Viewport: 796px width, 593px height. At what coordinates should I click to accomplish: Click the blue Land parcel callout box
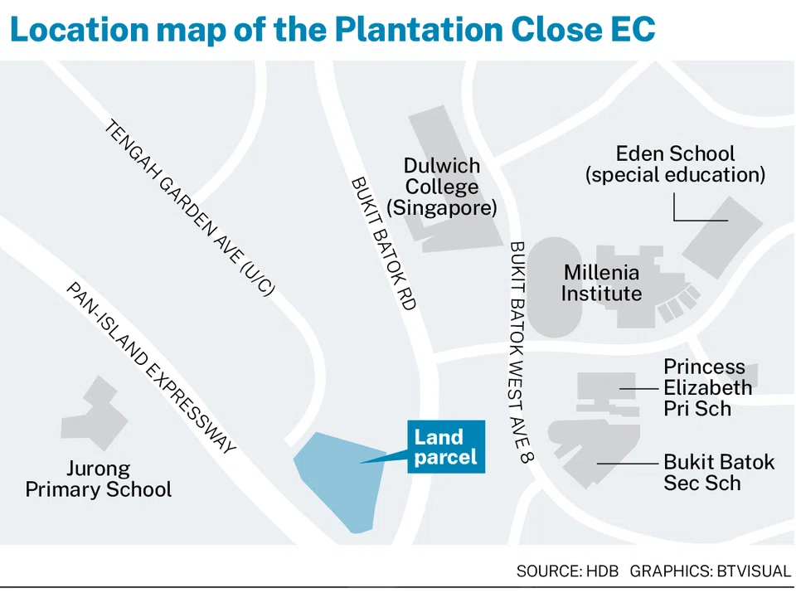tap(445, 447)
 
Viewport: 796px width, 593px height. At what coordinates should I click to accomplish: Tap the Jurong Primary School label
tap(98, 479)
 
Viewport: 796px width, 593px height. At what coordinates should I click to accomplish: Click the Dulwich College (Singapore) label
tap(441, 187)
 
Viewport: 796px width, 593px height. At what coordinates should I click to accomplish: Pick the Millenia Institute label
tap(601, 283)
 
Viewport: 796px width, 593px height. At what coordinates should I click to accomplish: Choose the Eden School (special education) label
tap(674, 163)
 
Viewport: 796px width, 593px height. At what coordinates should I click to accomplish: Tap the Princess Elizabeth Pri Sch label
tap(707, 387)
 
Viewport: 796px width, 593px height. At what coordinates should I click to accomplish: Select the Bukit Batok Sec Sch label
tap(718, 472)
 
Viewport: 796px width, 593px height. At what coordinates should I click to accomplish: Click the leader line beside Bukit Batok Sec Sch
tap(625, 463)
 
